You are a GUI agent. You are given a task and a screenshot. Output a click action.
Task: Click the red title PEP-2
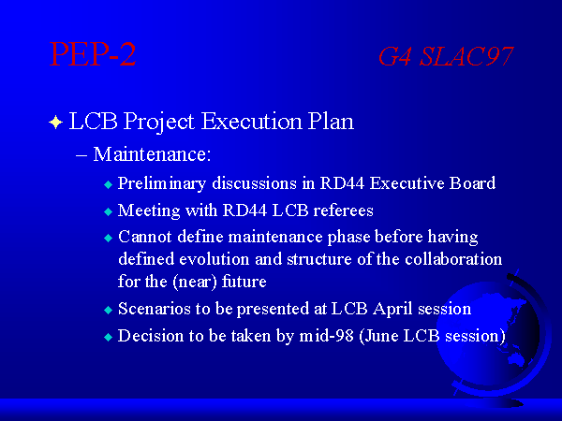tap(93, 53)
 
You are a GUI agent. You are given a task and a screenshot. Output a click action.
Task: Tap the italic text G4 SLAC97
tap(446, 56)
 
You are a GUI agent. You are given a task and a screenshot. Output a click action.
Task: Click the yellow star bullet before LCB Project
tap(55, 122)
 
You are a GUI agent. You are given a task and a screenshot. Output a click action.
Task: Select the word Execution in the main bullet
tap(251, 121)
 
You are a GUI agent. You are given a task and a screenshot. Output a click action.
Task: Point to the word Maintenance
tap(152, 154)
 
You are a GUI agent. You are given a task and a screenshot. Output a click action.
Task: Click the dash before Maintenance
tap(81, 156)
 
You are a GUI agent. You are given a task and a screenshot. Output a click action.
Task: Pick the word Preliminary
tap(162, 184)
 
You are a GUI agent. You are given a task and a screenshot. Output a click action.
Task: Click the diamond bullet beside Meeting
tap(108, 211)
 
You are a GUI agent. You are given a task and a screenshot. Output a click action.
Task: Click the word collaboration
tap(453, 259)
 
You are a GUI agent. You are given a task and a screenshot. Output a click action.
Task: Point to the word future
tap(244, 281)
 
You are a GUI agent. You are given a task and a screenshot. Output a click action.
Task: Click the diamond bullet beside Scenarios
tap(108, 310)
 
